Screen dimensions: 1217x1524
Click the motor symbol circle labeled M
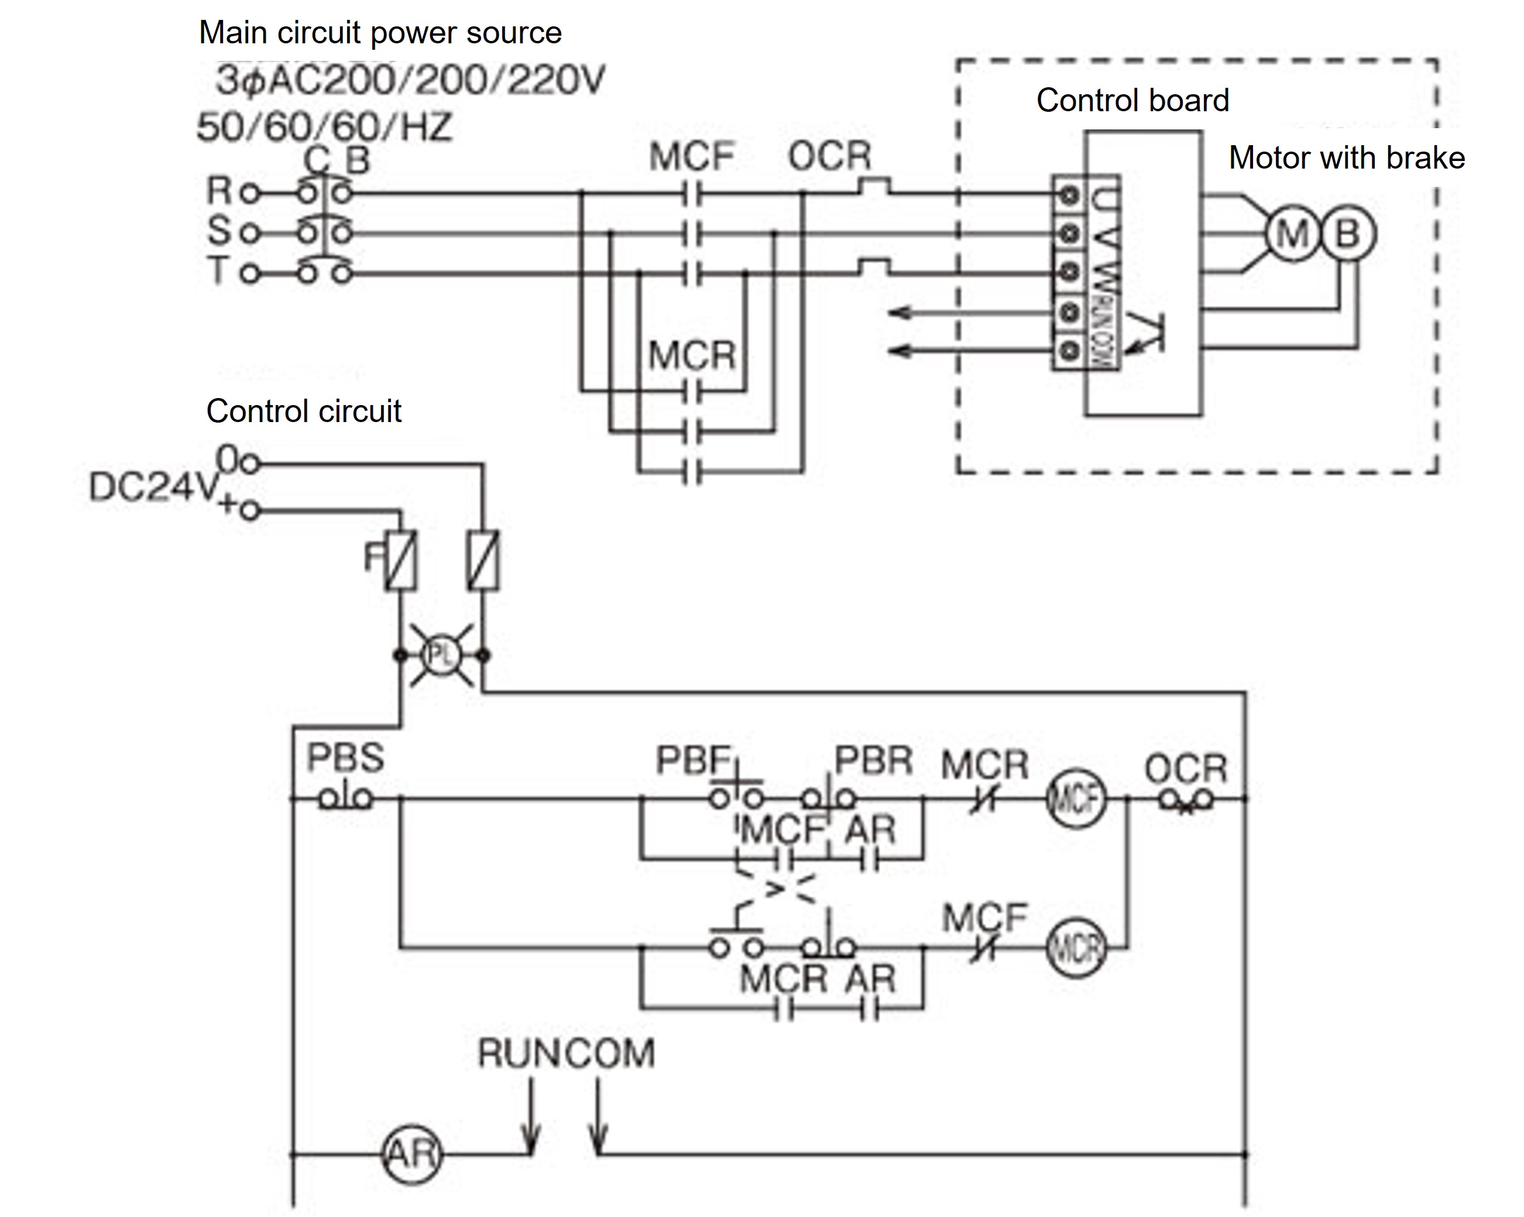point(1292,234)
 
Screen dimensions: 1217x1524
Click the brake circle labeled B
point(1348,234)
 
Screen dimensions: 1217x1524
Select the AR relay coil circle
point(411,1154)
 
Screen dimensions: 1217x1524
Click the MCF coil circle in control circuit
point(1075,800)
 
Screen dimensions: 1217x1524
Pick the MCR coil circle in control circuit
point(1075,948)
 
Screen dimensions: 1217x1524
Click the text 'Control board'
point(1132,101)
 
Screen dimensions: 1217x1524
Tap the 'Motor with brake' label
point(1347,157)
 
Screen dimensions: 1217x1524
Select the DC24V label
point(152,486)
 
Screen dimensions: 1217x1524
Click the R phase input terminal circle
point(249,193)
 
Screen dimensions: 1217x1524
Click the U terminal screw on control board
point(1069,194)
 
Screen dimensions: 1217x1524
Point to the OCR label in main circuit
point(829,156)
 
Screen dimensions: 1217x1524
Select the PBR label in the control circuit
point(874,762)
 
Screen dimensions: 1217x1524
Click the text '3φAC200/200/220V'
point(410,80)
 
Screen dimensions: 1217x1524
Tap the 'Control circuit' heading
point(303,411)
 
